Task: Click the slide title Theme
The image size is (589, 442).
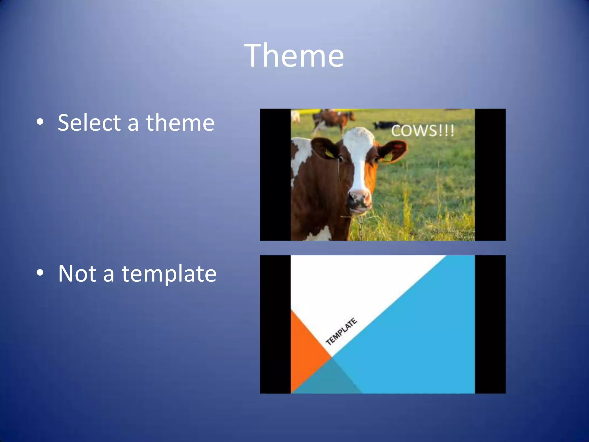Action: click(x=294, y=55)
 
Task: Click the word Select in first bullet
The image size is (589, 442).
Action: click(x=89, y=123)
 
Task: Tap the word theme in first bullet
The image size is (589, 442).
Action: click(x=180, y=123)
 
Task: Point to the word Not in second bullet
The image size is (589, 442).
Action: click(x=77, y=273)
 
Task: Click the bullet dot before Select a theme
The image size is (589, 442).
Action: click(x=40, y=122)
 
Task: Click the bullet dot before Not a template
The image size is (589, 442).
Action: click(x=40, y=273)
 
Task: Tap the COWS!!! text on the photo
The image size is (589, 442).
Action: click(x=422, y=131)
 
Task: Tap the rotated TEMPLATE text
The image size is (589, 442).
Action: click(x=341, y=332)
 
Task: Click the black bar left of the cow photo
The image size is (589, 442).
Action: click(x=275, y=174)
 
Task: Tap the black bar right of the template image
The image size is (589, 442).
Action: click(x=490, y=324)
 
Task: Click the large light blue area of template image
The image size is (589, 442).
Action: click(x=426, y=331)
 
